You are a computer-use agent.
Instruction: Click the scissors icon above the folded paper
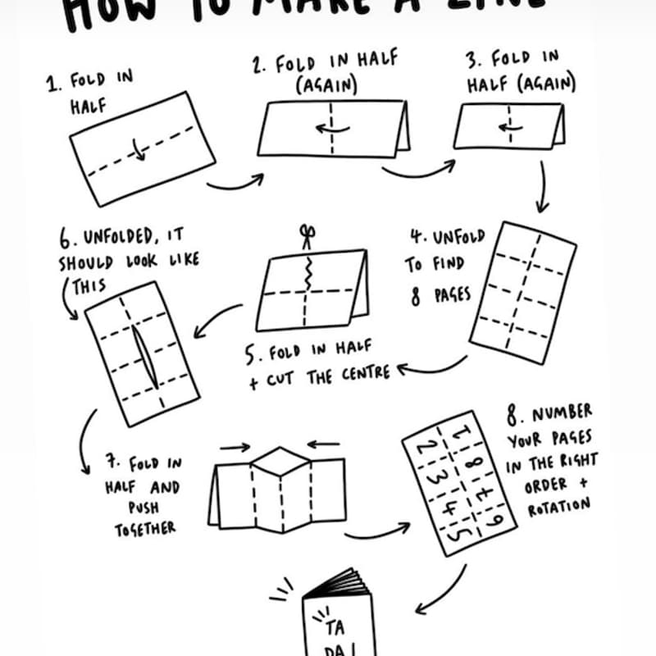click(307, 237)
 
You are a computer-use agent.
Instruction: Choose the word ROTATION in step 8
click(558, 506)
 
